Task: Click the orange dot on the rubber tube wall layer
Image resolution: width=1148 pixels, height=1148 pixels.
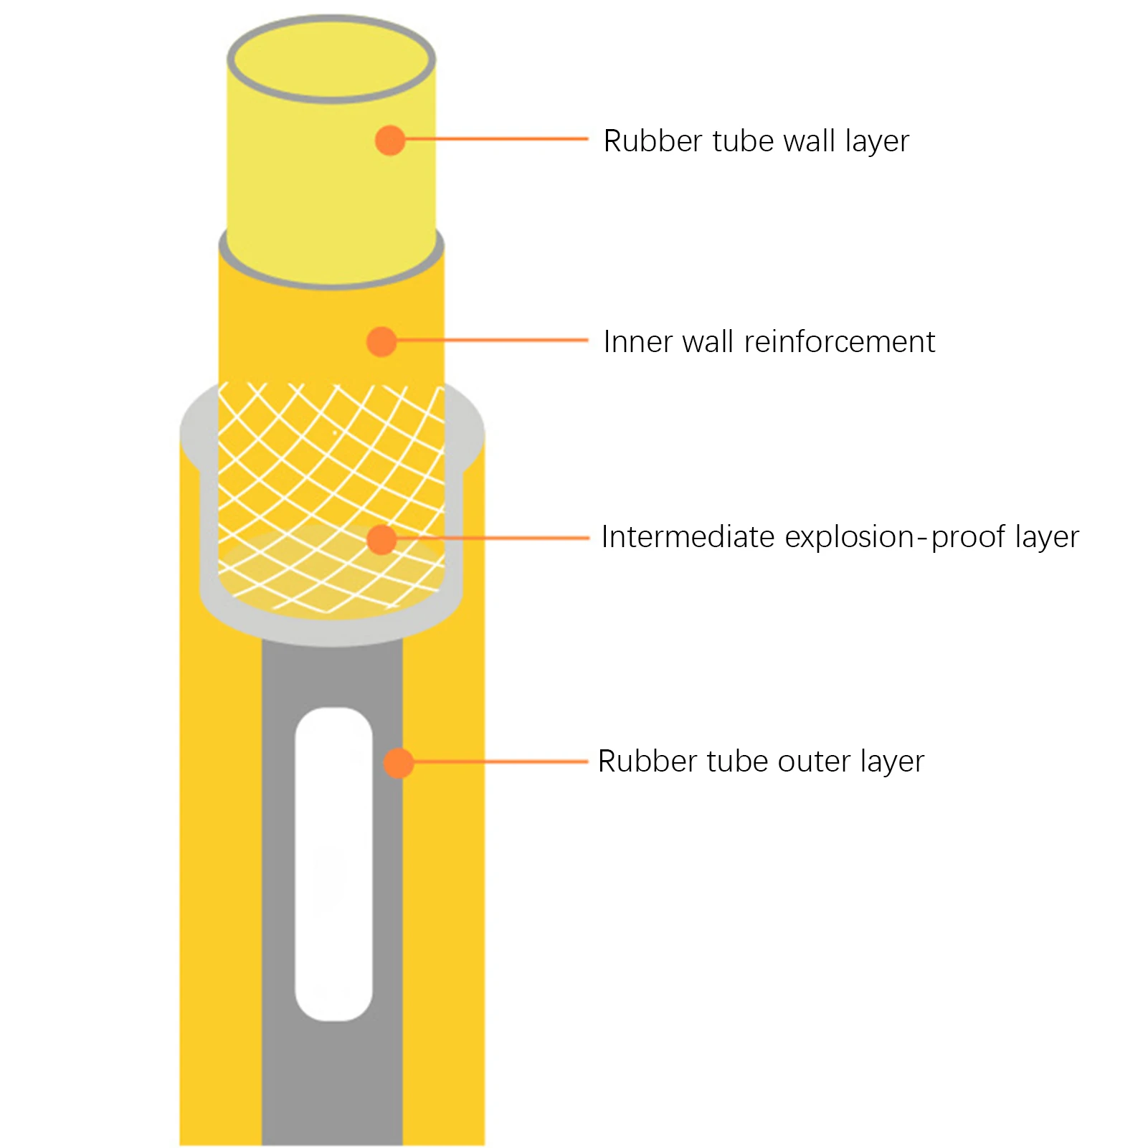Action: click(390, 140)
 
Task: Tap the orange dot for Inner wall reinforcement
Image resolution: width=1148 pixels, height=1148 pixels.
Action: click(381, 341)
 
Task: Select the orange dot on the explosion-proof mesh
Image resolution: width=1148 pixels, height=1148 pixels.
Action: click(381, 539)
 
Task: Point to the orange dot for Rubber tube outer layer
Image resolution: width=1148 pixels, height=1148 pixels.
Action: click(399, 763)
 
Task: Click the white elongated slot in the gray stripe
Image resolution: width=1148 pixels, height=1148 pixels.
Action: click(333, 864)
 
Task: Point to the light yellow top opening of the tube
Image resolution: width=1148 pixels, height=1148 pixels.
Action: click(331, 57)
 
